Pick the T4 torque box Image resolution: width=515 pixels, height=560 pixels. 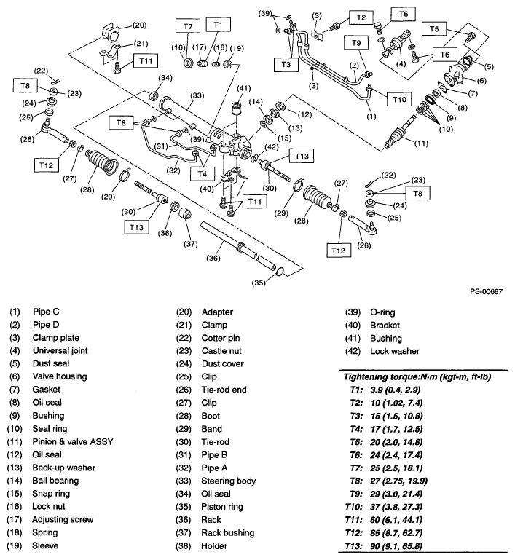[x=200, y=174]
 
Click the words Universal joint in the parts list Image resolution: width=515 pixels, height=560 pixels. [x=65, y=351]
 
